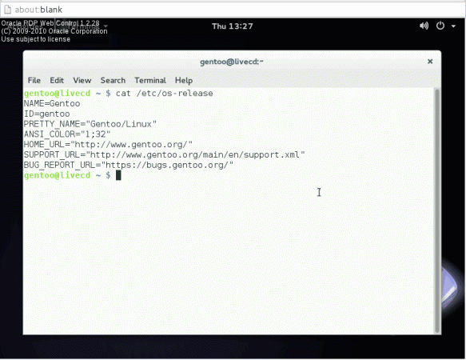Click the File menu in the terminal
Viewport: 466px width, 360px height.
point(34,80)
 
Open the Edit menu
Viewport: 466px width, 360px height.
point(57,80)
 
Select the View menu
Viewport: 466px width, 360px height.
point(82,80)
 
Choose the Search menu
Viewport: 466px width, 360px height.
point(113,80)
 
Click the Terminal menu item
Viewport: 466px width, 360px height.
point(150,80)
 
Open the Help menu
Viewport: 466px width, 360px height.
point(184,81)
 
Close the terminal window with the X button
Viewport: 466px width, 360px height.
point(430,62)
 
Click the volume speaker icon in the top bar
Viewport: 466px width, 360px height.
point(424,26)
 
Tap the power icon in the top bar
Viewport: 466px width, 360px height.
point(440,26)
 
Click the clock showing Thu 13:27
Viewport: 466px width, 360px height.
point(232,26)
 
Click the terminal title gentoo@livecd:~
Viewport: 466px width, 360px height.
point(232,62)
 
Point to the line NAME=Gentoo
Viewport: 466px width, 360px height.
point(52,103)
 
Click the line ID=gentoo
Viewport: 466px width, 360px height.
point(46,114)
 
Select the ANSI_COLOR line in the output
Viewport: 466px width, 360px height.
point(67,134)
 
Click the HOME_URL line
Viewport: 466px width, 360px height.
point(108,145)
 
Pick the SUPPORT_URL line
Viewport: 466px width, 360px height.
point(164,154)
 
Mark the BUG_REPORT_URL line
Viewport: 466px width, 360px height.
point(129,165)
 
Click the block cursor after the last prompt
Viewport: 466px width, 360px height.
point(118,175)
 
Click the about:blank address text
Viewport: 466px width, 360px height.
point(38,10)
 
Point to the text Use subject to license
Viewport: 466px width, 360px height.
point(36,39)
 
